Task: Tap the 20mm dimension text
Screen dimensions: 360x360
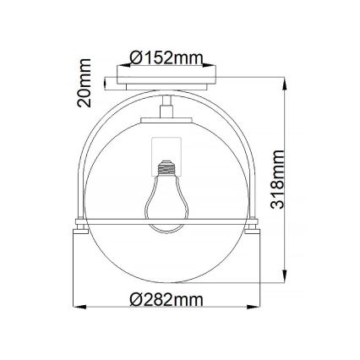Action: (x=85, y=82)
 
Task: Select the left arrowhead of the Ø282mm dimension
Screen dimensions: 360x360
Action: (x=76, y=306)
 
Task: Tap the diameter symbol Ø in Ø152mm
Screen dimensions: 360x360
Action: (x=138, y=57)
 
